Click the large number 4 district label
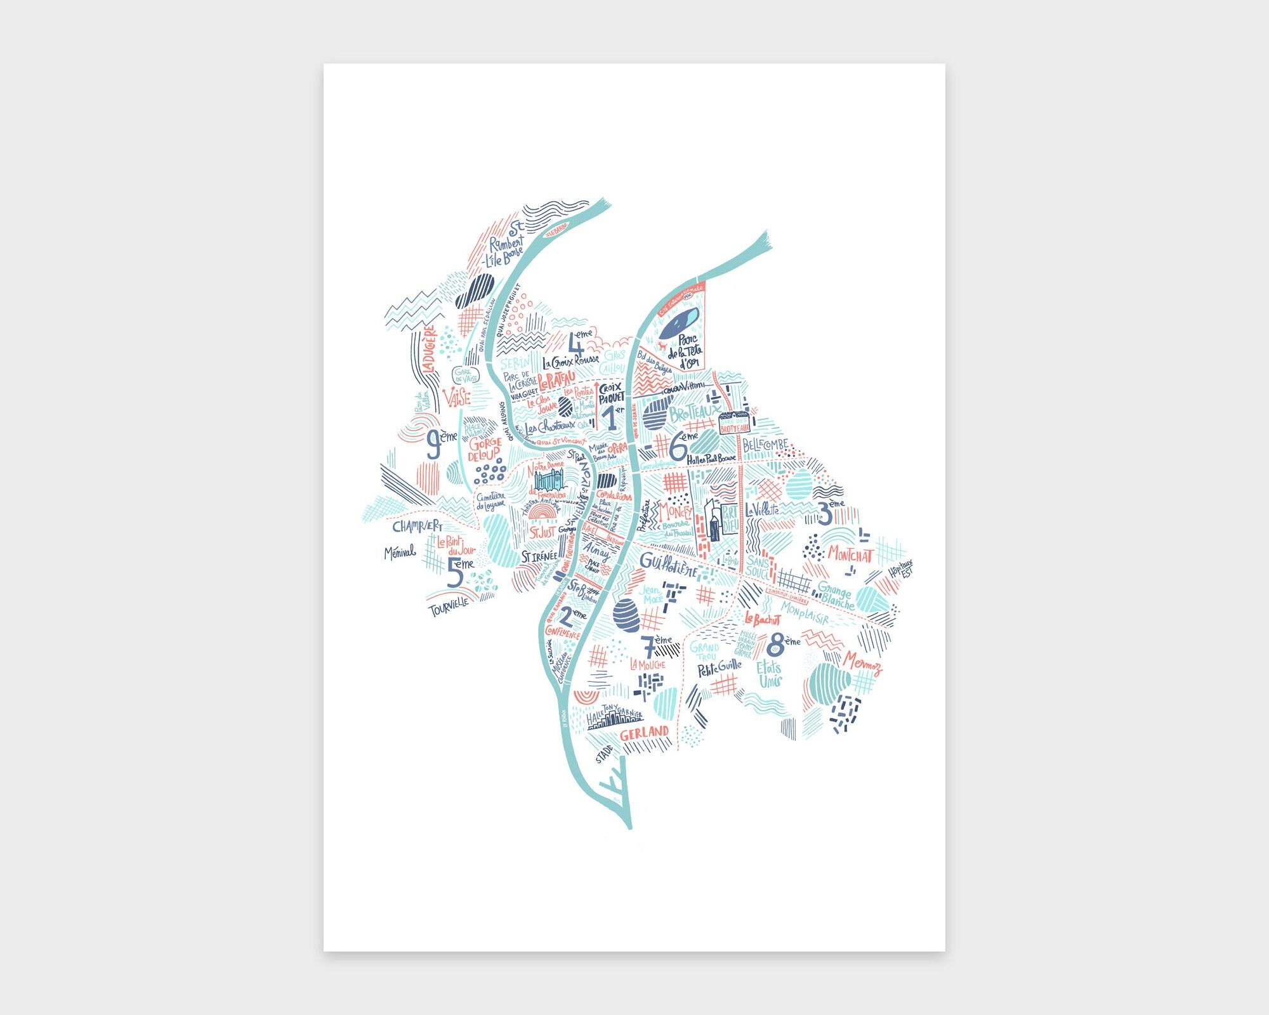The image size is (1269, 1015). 576,346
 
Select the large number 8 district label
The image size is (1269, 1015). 775,646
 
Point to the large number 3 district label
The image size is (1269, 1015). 825,513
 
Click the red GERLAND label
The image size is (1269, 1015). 644,733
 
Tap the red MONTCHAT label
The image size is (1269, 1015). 850,555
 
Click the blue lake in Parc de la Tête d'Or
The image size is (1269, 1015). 678,323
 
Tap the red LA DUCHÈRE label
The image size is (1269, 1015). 428,349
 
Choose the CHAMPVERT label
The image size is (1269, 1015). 417,526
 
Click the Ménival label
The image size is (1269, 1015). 400,553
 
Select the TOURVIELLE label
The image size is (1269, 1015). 449,608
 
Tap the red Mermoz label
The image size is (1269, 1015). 862,662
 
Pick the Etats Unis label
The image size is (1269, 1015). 769,674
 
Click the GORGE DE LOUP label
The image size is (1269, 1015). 485,449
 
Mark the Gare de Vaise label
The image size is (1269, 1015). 466,375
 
